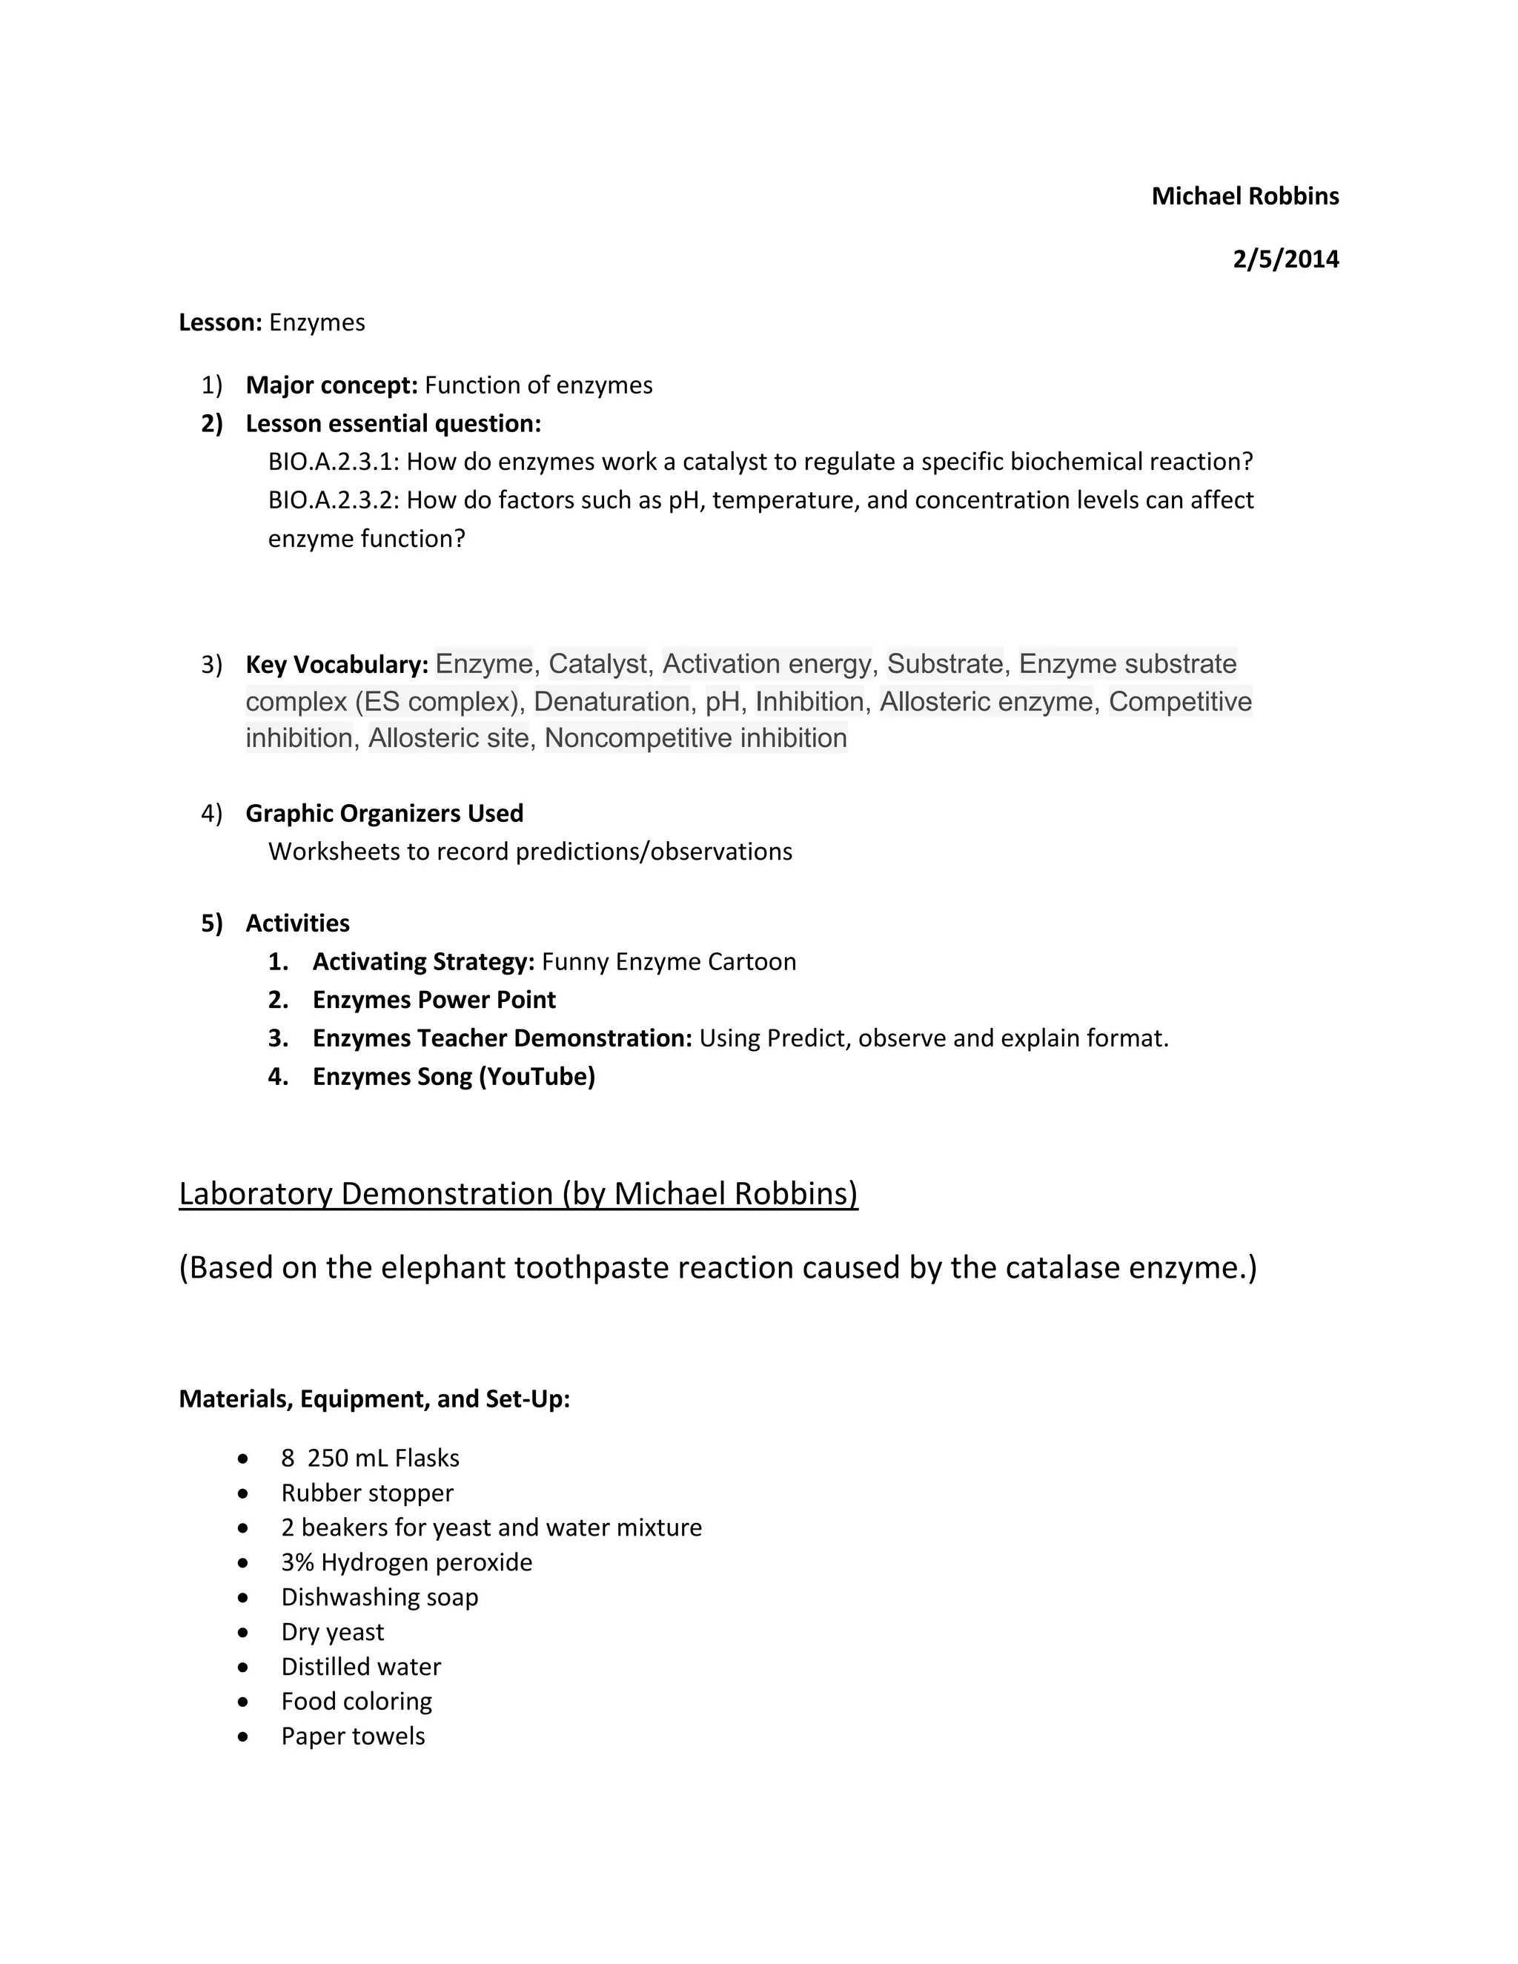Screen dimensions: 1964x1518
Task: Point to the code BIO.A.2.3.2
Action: [333, 500]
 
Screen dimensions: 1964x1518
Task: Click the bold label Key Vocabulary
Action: [337, 666]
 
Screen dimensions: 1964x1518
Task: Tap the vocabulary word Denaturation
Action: [611, 701]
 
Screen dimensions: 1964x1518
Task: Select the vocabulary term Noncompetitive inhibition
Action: [695, 738]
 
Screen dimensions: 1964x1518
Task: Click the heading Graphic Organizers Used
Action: [384, 814]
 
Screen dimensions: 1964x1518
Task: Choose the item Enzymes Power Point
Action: [434, 1000]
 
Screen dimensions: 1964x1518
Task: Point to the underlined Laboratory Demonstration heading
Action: [518, 1194]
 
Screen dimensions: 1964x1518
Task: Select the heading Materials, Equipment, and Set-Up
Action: [374, 1399]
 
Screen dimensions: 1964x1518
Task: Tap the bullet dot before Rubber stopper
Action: [243, 1493]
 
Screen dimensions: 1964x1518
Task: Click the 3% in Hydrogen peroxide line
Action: [296, 1563]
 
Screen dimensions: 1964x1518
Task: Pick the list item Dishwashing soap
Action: [379, 1597]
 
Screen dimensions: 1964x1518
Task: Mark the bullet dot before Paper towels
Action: [243, 1736]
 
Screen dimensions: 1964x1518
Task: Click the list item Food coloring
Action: [356, 1702]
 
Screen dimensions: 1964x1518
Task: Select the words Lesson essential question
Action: [393, 423]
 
